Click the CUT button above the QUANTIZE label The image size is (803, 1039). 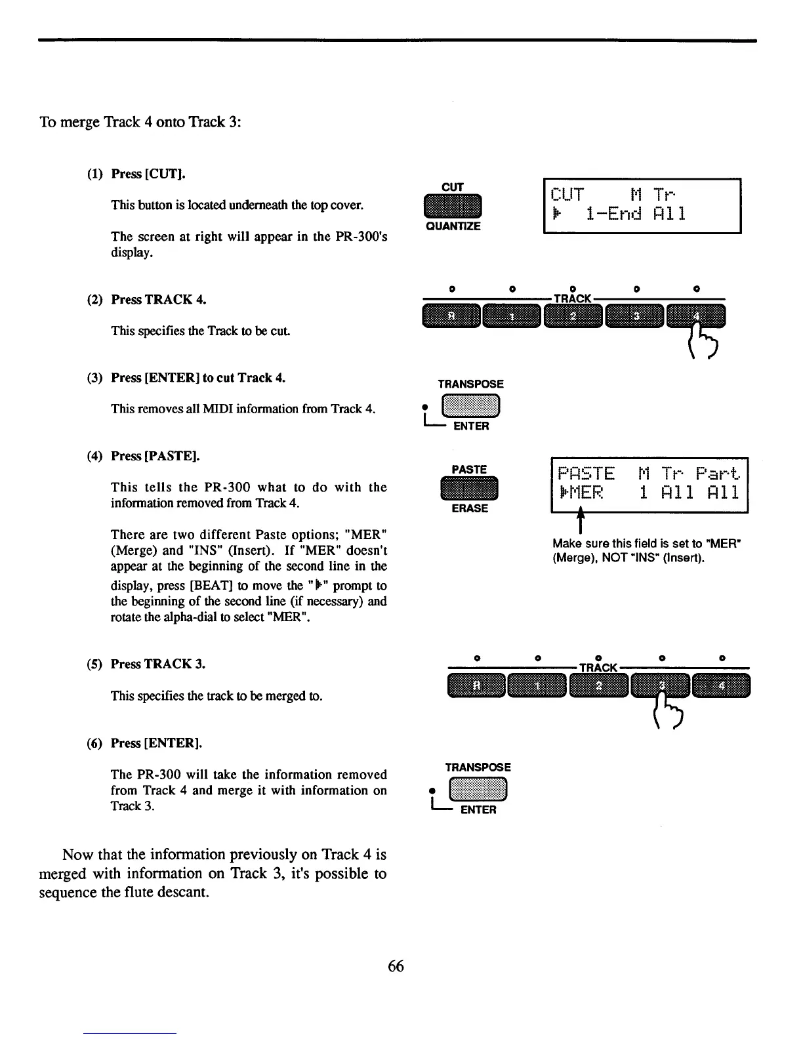[x=453, y=207]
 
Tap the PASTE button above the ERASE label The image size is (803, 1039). [x=470, y=489]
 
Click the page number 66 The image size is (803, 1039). [x=396, y=966]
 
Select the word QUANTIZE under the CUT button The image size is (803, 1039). [x=453, y=226]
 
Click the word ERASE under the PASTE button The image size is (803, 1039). [x=470, y=508]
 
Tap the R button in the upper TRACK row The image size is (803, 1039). [x=451, y=316]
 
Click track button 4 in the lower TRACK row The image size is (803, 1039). [x=722, y=686]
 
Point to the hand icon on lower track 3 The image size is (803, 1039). [x=667, y=707]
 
